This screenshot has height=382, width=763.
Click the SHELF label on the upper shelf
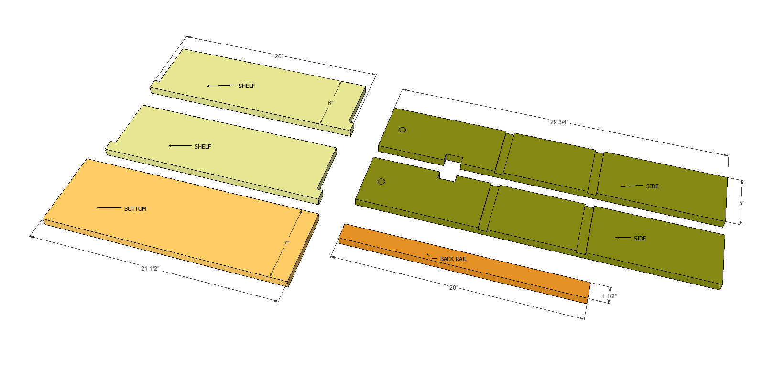247,86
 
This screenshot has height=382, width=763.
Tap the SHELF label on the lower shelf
203,146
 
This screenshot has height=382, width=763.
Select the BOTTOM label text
135,208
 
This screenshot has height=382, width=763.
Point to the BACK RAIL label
453,259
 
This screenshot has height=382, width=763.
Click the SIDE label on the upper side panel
652,186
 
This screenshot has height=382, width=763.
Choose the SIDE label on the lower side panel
640,239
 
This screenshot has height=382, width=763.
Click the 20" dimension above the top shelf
279,56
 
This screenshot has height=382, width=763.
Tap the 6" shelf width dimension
330,103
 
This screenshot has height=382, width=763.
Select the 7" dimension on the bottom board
286,243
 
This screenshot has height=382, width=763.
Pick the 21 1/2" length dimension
150,269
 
